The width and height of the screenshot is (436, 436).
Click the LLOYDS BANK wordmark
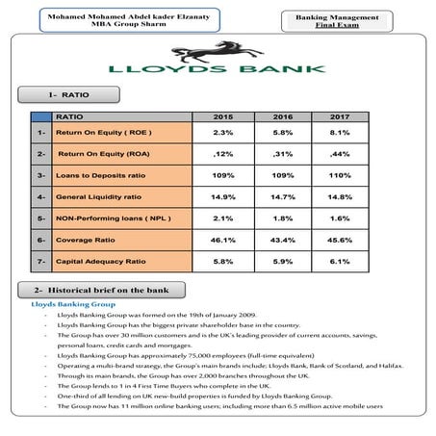click(x=217, y=70)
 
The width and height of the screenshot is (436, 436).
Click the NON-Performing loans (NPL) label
click(x=108, y=218)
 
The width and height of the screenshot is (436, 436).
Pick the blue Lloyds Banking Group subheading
click(x=66, y=304)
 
